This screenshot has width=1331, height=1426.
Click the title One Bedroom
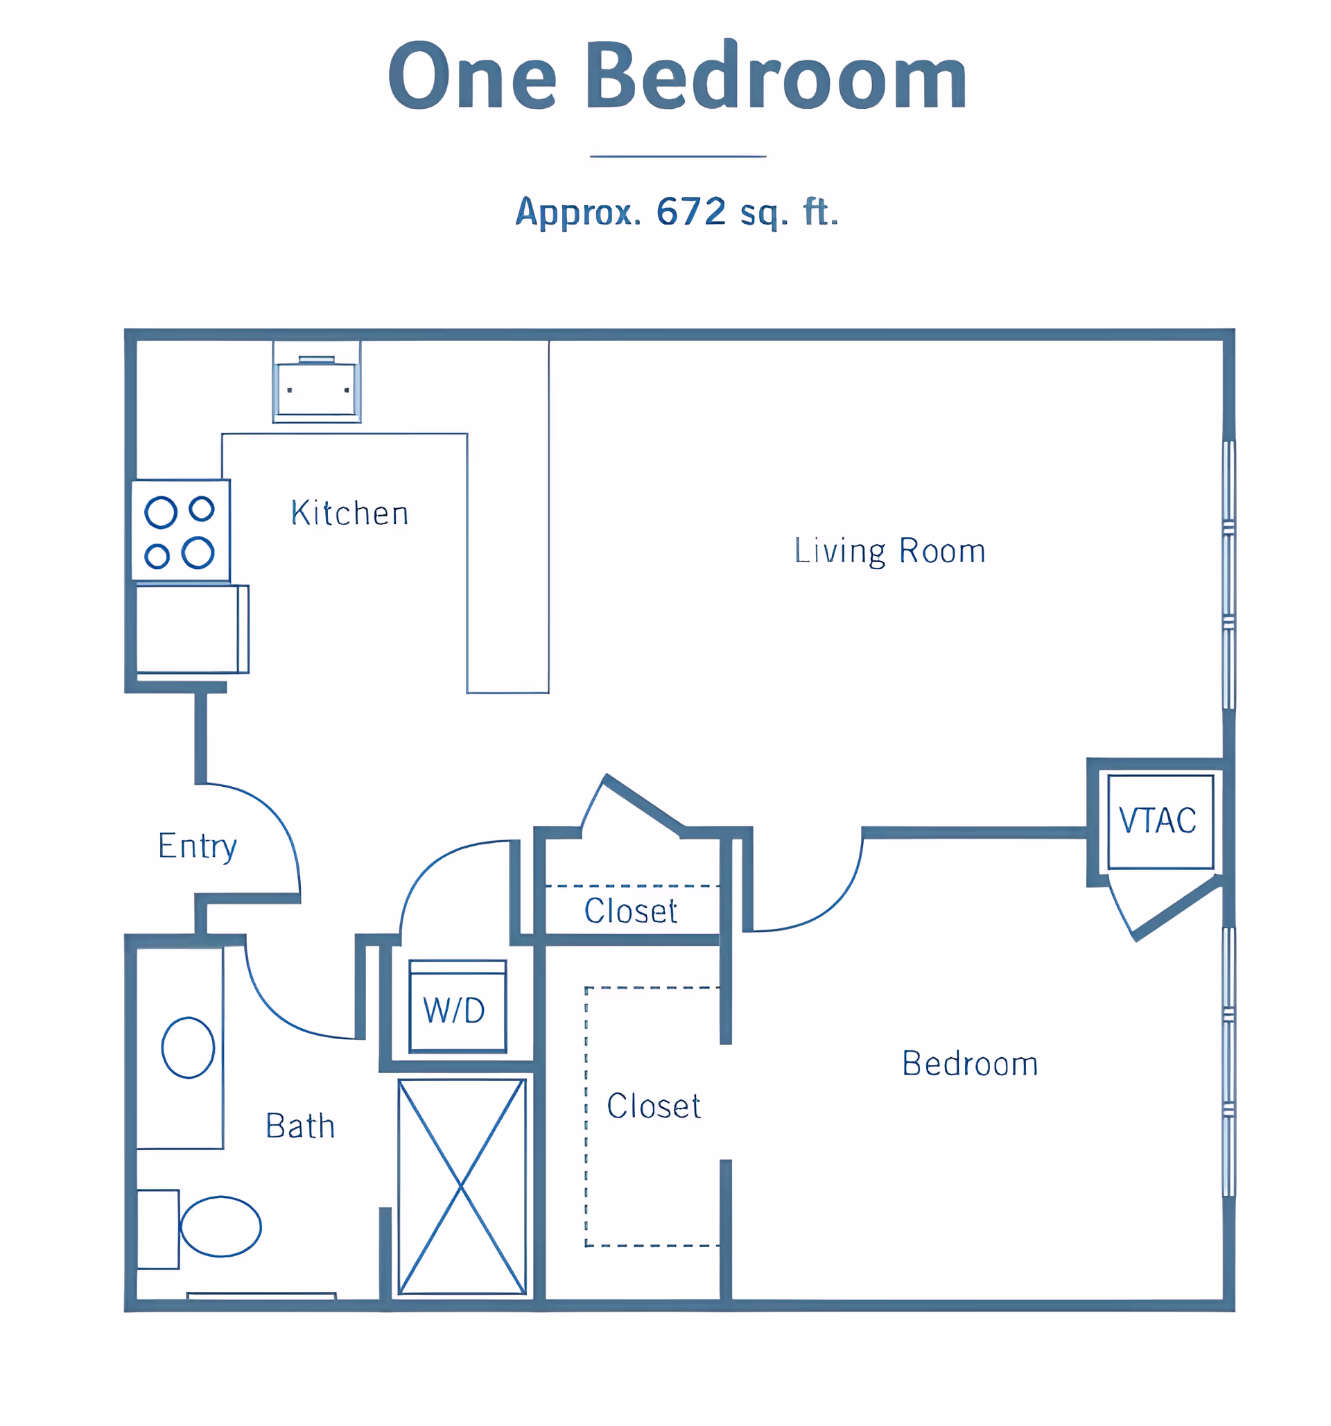(x=677, y=75)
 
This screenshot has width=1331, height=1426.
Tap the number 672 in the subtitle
(x=691, y=211)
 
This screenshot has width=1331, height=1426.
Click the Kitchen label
(x=349, y=513)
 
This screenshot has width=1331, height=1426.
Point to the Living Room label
(x=889, y=551)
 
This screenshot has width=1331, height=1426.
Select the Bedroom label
(x=970, y=1063)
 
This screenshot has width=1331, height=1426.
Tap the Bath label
(x=299, y=1125)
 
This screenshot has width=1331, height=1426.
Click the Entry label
(x=197, y=846)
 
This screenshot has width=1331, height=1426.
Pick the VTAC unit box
(x=1160, y=821)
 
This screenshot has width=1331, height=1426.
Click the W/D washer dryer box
(x=458, y=1007)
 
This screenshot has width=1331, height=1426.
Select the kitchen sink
(x=316, y=388)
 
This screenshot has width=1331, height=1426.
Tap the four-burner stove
(x=181, y=531)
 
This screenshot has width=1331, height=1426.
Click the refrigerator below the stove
(x=192, y=629)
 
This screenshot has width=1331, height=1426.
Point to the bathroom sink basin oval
(x=188, y=1048)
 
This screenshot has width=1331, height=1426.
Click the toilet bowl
(x=221, y=1226)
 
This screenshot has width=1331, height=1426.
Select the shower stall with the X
(x=462, y=1187)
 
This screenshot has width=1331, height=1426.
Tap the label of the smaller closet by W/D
(x=630, y=911)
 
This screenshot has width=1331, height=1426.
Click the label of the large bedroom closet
(x=653, y=1106)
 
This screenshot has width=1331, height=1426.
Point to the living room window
(x=1228, y=575)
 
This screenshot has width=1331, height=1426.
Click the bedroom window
(x=1228, y=1062)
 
